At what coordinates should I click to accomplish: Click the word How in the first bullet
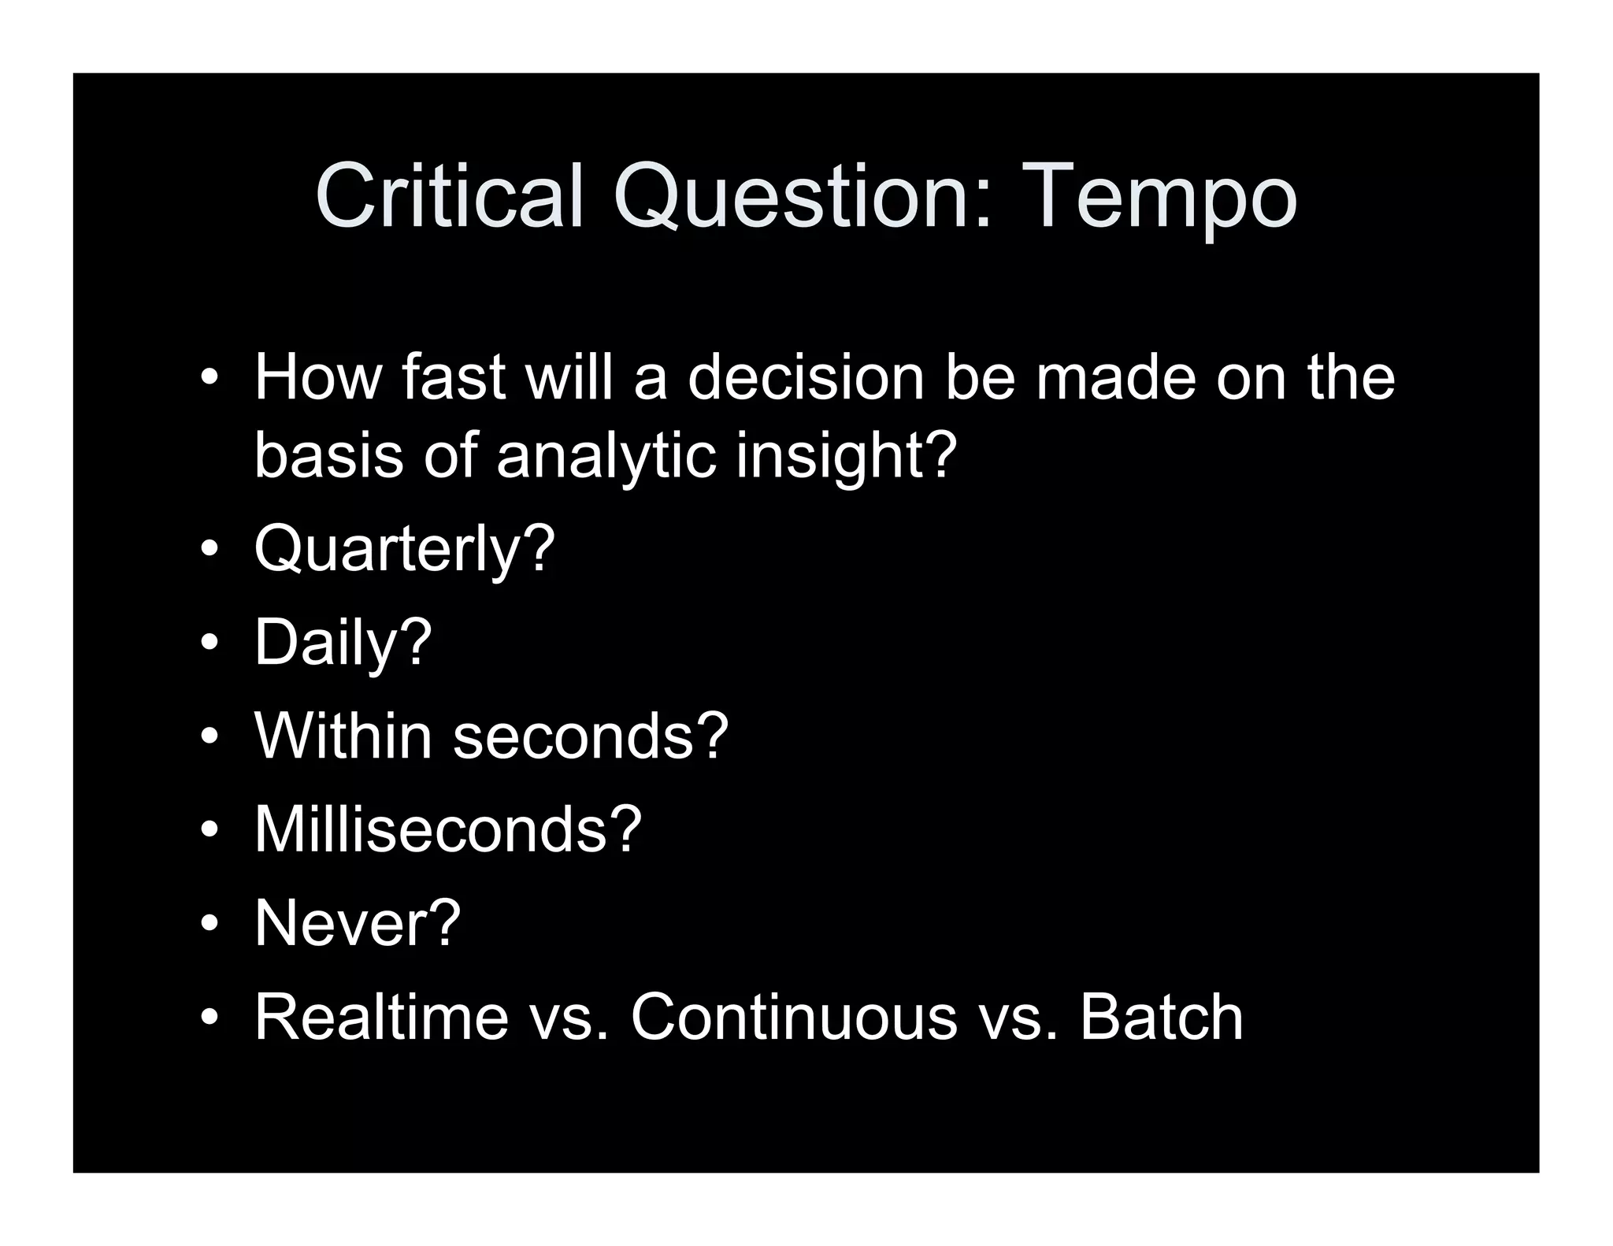click(x=317, y=378)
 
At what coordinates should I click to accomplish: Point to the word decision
click(x=806, y=378)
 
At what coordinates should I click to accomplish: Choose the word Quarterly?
click(x=404, y=549)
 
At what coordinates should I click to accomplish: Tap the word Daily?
click(x=343, y=643)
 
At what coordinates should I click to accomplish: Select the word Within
click(x=343, y=736)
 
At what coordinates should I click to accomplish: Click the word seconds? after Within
click(x=591, y=736)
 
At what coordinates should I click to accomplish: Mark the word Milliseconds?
click(x=447, y=829)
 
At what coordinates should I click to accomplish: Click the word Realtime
click(x=381, y=1017)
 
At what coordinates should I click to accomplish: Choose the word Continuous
click(x=793, y=1017)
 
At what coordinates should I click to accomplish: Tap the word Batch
click(x=1161, y=1017)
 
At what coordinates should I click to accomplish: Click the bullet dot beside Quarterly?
click(x=209, y=549)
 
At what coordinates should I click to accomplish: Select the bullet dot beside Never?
click(x=209, y=923)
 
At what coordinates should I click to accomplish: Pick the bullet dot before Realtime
click(x=209, y=1017)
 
